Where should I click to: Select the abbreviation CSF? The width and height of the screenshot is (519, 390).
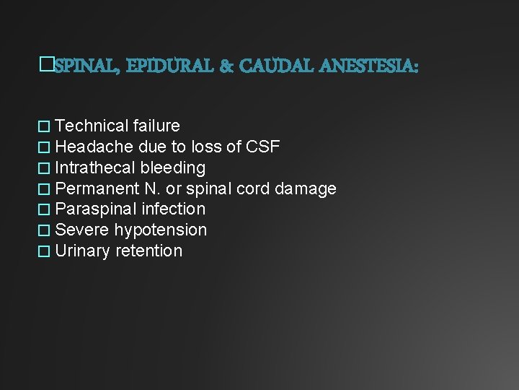coord(263,147)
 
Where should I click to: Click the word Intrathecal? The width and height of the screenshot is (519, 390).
coord(95,168)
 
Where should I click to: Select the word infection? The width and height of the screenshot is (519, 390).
coord(174,209)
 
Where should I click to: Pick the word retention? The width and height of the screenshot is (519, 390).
coord(149,251)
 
